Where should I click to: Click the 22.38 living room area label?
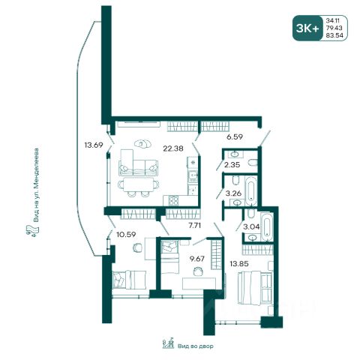pyautogui.click(x=173, y=148)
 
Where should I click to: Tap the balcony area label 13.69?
pyautogui.click(x=94, y=145)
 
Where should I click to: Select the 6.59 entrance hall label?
pyautogui.click(x=235, y=137)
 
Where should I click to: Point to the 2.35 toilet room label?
pyautogui.click(x=232, y=165)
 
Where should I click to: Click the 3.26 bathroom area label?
pyautogui.click(x=233, y=193)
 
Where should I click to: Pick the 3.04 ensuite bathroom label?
pyautogui.click(x=251, y=226)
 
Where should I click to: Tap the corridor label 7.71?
pyautogui.click(x=195, y=226)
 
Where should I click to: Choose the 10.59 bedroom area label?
pyautogui.click(x=126, y=235)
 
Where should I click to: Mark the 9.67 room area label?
pyautogui.click(x=197, y=259)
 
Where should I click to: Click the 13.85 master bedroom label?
pyautogui.click(x=239, y=263)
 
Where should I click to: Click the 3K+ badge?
pyautogui.click(x=307, y=28)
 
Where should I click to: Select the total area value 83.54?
pyautogui.click(x=334, y=35)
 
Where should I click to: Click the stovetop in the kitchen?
pyautogui.click(x=174, y=201)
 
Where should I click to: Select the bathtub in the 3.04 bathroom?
pyautogui.click(x=266, y=226)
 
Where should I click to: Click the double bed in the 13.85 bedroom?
pyautogui.click(x=255, y=288)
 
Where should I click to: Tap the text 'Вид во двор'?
pyautogui.click(x=196, y=346)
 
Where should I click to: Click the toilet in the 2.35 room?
pyautogui.click(x=253, y=163)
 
